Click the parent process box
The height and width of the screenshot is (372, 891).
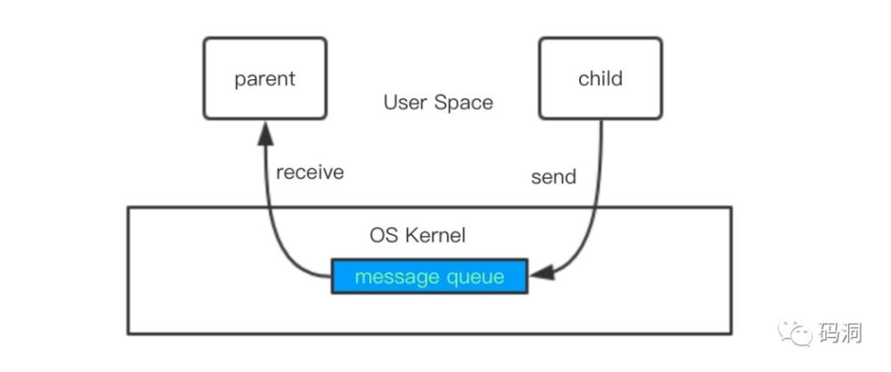coord(266,78)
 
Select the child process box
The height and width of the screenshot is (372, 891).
coord(601,78)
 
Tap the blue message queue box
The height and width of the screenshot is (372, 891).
coord(429,277)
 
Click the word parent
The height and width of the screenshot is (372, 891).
coord(266,78)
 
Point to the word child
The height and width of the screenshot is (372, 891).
coord(601,77)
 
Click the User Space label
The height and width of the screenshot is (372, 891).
coord(438,103)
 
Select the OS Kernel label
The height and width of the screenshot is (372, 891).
coord(418,235)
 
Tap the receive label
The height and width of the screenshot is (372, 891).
coord(310,172)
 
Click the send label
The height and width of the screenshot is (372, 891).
coord(553,176)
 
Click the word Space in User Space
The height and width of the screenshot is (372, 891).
coord(463,103)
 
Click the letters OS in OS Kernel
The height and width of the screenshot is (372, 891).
coord(383,235)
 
